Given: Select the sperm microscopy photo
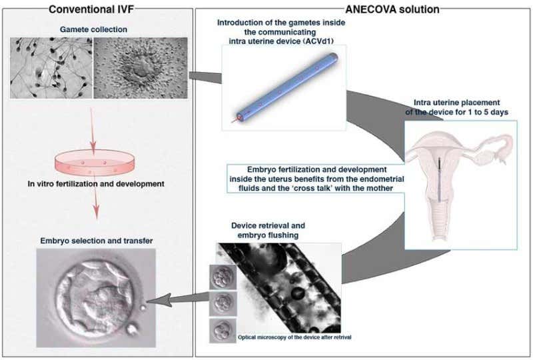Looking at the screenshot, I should click(51, 68).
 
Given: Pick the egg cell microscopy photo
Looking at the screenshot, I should click(140, 68).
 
